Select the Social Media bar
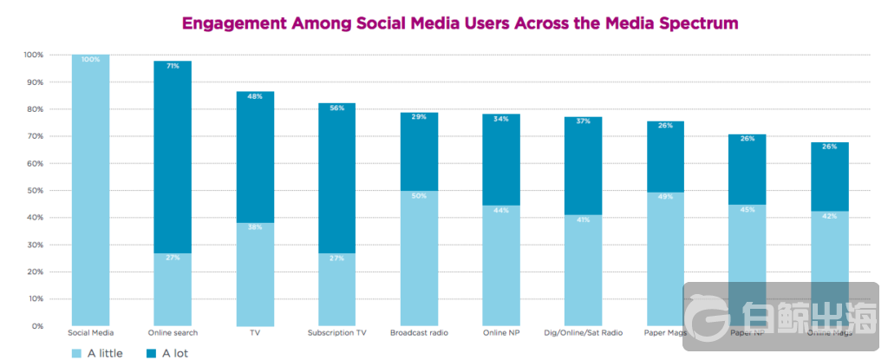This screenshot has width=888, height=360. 90,191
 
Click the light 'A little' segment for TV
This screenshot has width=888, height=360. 255,273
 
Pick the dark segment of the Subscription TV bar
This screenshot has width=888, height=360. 336,178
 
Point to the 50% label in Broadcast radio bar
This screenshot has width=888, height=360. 419,197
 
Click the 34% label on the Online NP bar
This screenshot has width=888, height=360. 501,120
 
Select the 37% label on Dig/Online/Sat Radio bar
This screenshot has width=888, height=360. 584,121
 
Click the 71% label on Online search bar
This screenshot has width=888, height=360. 173,66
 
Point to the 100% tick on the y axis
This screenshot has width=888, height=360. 34,55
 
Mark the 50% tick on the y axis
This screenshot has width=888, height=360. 36,191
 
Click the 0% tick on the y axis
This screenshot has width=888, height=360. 38,326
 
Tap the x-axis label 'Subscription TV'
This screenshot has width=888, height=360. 336,332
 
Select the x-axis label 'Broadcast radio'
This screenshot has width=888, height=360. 419,332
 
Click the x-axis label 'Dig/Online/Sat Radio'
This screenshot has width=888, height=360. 584,332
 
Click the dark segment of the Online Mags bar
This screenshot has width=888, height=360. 830,178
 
